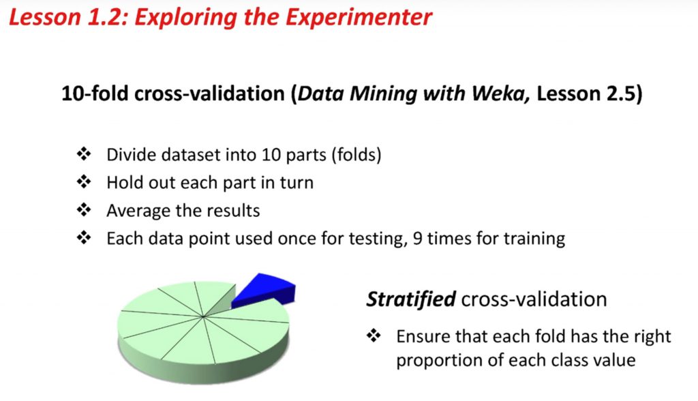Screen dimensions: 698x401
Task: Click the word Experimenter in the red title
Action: click(x=359, y=18)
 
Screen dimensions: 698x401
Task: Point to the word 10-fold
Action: click(x=95, y=93)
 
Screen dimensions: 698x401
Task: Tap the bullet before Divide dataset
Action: click(x=84, y=154)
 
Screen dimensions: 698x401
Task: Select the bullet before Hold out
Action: click(x=84, y=182)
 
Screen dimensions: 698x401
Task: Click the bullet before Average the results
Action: click(x=84, y=210)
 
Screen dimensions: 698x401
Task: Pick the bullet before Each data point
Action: click(x=84, y=237)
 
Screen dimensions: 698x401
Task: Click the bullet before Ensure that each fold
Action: click(x=374, y=335)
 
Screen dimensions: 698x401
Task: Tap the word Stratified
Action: click(x=411, y=299)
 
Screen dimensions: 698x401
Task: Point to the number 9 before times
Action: click(x=417, y=239)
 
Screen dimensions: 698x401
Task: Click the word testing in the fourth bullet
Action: click(x=378, y=239)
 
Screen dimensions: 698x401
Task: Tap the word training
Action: click(x=534, y=239)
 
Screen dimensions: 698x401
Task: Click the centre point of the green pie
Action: click(x=203, y=317)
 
